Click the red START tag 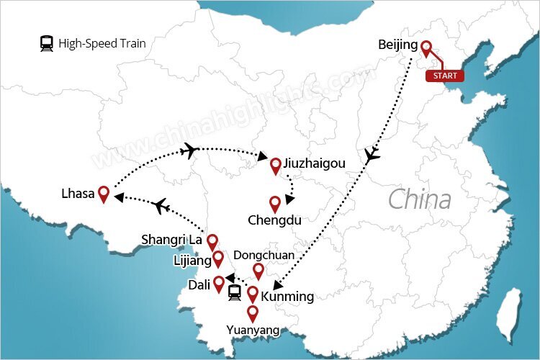tap(444, 75)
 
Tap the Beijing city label tap(397, 45)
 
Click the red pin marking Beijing tap(426, 48)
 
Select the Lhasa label tap(78, 193)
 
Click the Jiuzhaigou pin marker tap(275, 166)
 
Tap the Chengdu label tap(274, 220)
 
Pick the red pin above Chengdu tap(275, 204)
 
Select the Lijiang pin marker tap(218, 258)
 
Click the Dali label tap(198, 284)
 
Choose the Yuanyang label tap(252, 331)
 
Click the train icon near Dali tap(235, 292)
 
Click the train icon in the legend tap(47, 44)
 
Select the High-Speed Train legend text tap(102, 44)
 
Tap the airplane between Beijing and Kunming tap(372, 154)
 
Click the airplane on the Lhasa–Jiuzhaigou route tap(190, 150)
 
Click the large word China tap(420, 199)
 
